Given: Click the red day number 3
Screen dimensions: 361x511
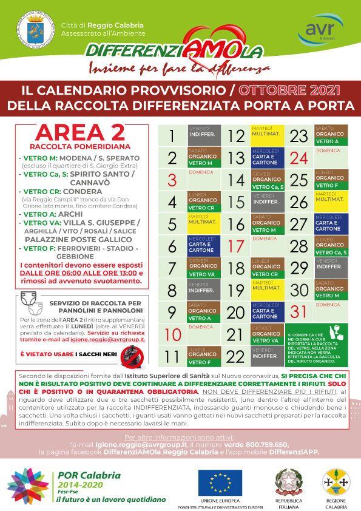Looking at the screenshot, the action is [172, 180].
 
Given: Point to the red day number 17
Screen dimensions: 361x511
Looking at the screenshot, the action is [235, 246].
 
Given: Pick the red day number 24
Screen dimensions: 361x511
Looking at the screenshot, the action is [299, 158].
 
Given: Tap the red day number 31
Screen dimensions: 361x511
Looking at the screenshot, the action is [299, 311].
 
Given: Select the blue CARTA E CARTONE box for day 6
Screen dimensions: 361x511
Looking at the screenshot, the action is [203, 246].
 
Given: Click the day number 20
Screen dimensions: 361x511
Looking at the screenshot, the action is [235, 312].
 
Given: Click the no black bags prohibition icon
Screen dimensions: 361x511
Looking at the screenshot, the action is [133, 354].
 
